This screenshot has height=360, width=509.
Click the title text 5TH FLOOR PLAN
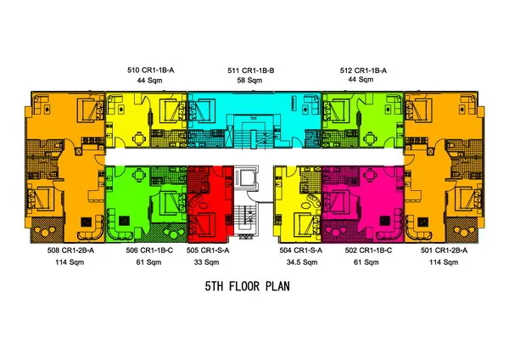(x=248, y=286)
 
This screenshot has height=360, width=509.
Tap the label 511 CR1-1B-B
(x=250, y=70)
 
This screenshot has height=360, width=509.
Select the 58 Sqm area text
(x=249, y=81)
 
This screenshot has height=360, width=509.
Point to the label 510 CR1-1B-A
(x=151, y=70)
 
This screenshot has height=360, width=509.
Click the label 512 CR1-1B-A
(x=363, y=70)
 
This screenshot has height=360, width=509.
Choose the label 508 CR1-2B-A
(x=70, y=250)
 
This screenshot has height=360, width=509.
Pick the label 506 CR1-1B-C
(x=149, y=250)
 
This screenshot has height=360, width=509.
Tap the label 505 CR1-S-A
(x=208, y=250)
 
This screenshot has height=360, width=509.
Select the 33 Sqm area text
(x=206, y=262)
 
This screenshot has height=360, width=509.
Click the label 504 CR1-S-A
(x=301, y=250)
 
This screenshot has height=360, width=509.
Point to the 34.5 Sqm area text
(x=302, y=262)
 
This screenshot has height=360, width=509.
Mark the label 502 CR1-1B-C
(x=368, y=250)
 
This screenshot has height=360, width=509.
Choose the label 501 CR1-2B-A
(x=444, y=250)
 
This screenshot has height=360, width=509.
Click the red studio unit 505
(x=210, y=204)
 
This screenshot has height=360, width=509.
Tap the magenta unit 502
(x=362, y=204)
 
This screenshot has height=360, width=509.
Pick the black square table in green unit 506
(x=124, y=222)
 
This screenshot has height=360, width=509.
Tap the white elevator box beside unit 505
(x=246, y=177)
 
